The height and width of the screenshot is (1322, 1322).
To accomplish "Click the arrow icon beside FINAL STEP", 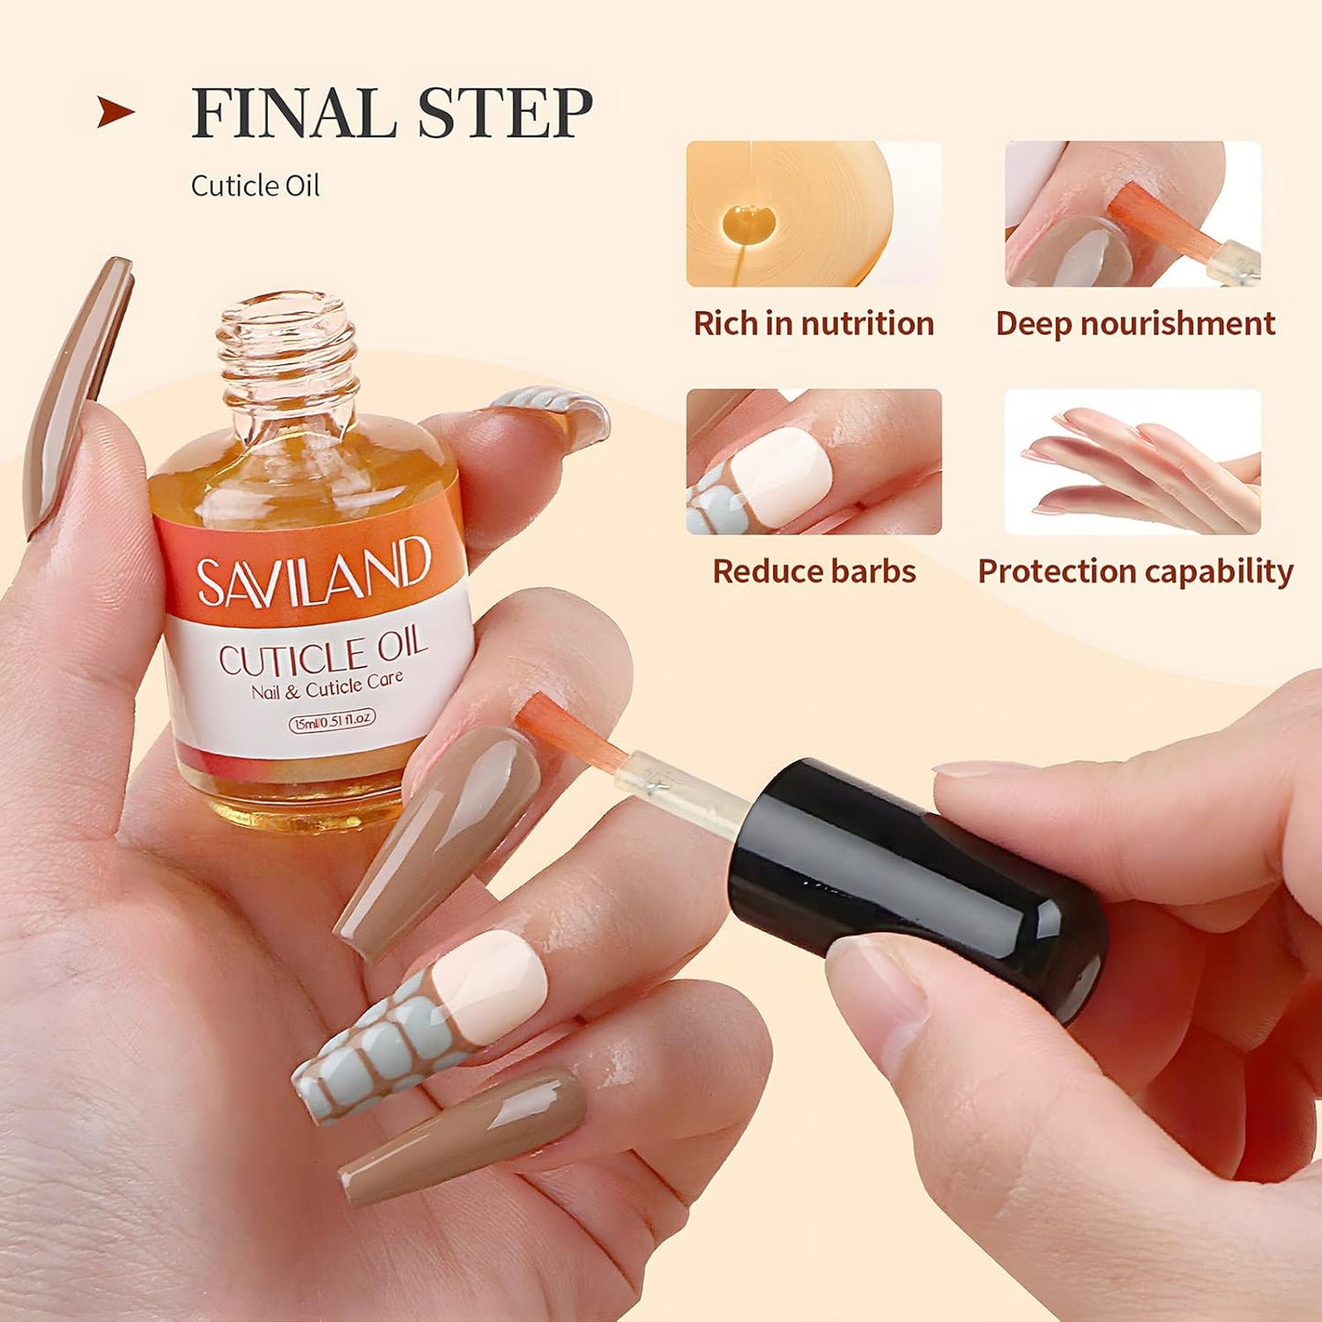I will (x=115, y=113).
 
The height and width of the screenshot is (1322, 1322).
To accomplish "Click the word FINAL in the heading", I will (x=288, y=113).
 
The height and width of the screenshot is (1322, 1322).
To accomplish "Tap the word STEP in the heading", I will (x=505, y=113).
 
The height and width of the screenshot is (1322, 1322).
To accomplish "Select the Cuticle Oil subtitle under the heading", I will (x=255, y=186).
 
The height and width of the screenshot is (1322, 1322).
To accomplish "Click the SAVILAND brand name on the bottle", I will (x=313, y=571).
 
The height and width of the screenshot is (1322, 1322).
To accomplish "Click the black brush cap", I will (x=915, y=887).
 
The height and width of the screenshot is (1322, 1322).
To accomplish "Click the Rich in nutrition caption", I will (x=813, y=324).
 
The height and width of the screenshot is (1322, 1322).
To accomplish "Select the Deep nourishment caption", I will (x=1134, y=324).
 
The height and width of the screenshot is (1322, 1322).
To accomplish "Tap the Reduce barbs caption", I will (x=813, y=572).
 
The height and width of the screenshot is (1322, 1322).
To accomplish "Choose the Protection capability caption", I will (x=1134, y=572).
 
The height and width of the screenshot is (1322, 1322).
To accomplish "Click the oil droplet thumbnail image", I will (x=813, y=214).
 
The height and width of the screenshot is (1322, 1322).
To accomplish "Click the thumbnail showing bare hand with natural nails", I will (x=1133, y=462).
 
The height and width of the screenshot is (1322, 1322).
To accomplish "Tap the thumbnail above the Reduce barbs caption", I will (x=813, y=462).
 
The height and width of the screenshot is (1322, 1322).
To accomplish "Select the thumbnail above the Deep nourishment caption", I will (x=1133, y=214).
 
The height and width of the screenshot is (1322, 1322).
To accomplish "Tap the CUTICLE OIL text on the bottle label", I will (x=322, y=652).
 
